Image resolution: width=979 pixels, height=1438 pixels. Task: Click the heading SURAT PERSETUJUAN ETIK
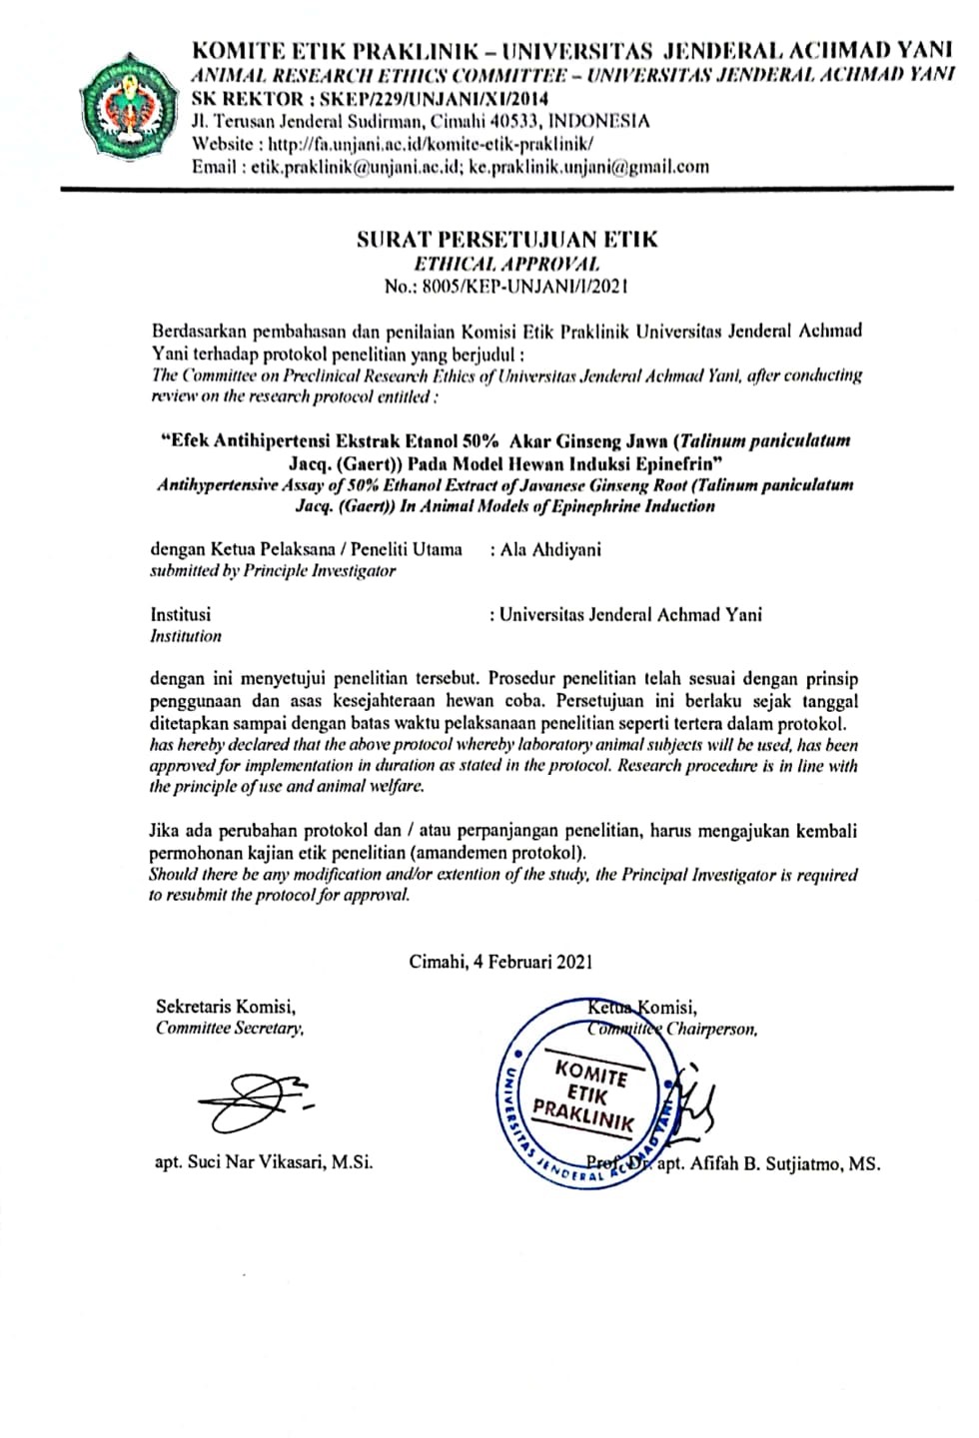[x=506, y=240]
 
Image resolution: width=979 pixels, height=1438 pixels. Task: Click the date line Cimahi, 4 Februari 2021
[x=500, y=962]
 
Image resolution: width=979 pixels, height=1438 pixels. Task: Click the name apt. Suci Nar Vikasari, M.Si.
[x=264, y=1162]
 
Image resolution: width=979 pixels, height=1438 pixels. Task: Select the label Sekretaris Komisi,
[x=225, y=1007]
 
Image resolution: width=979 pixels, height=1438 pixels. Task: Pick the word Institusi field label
[x=180, y=615]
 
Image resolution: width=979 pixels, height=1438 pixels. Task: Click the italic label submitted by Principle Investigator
[x=272, y=571]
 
